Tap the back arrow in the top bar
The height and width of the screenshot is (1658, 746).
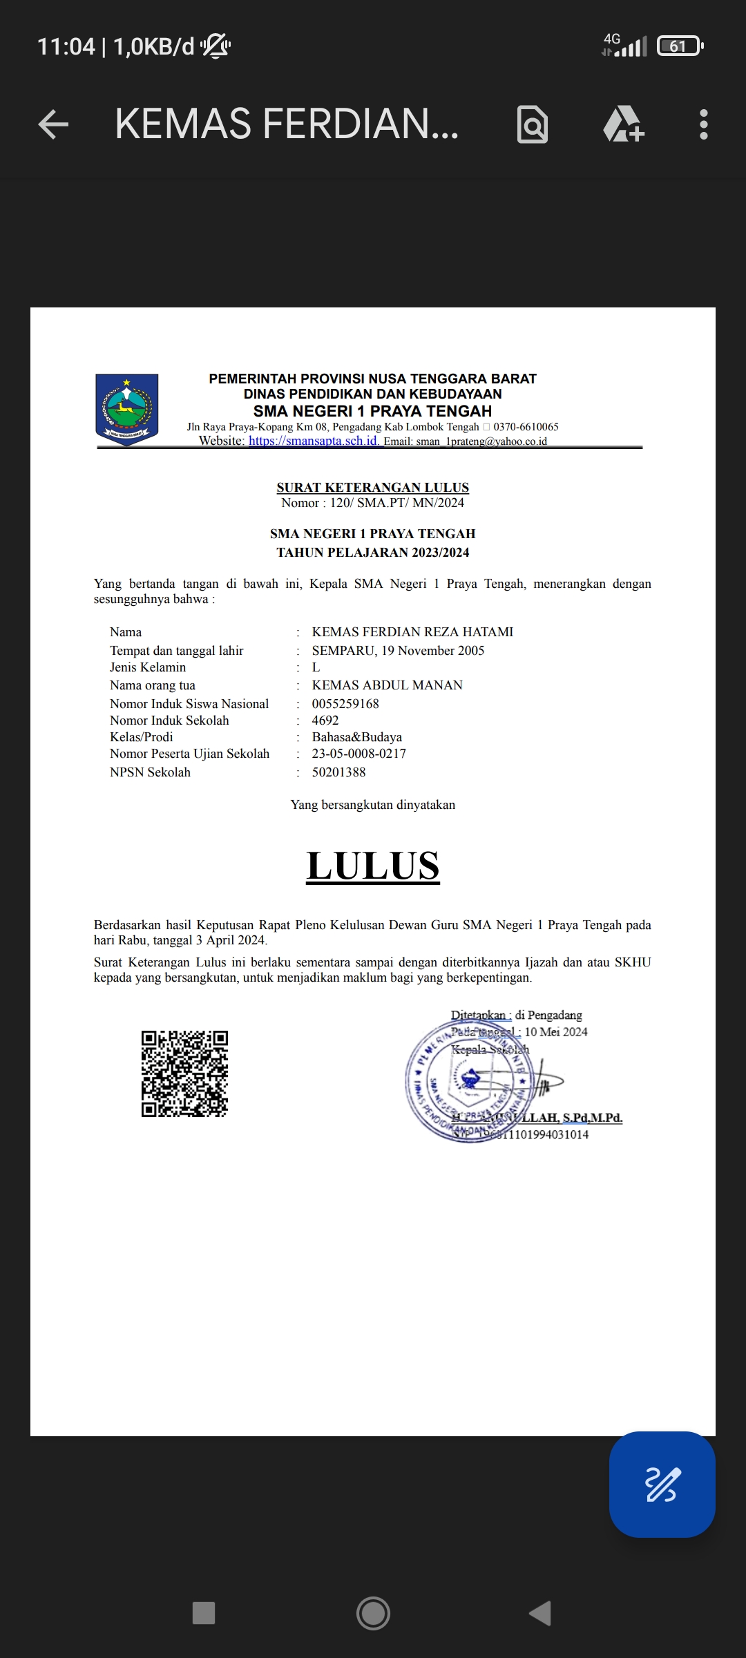tap(53, 125)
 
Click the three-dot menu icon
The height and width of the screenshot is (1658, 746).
tap(703, 125)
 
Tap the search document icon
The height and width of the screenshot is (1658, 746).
tap(533, 125)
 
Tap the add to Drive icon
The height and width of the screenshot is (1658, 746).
tap(623, 125)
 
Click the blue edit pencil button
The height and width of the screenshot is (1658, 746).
tap(662, 1484)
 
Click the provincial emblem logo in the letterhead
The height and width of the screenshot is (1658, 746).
tap(127, 409)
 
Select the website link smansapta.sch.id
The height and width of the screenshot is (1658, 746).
tap(313, 441)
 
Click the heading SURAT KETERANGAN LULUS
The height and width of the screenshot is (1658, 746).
tap(372, 488)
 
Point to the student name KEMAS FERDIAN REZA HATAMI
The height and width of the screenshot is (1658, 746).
tap(412, 632)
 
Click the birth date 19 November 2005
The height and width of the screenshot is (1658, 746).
tap(433, 651)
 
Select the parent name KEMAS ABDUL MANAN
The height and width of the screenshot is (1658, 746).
tap(387, 685)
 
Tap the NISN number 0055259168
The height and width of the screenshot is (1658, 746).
tap(345, 704)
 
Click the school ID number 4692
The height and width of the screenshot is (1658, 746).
tap(325, 721)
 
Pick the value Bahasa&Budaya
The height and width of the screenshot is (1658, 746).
tap(356, 737)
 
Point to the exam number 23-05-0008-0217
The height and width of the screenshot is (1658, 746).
tap(358, 754)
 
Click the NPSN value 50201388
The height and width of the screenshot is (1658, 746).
tap(338, 772)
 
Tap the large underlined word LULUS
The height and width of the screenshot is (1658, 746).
tap(373, 866)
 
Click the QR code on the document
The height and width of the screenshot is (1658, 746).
tap(184, 1074)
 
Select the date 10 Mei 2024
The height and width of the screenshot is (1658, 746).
tap(556, 1032)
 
